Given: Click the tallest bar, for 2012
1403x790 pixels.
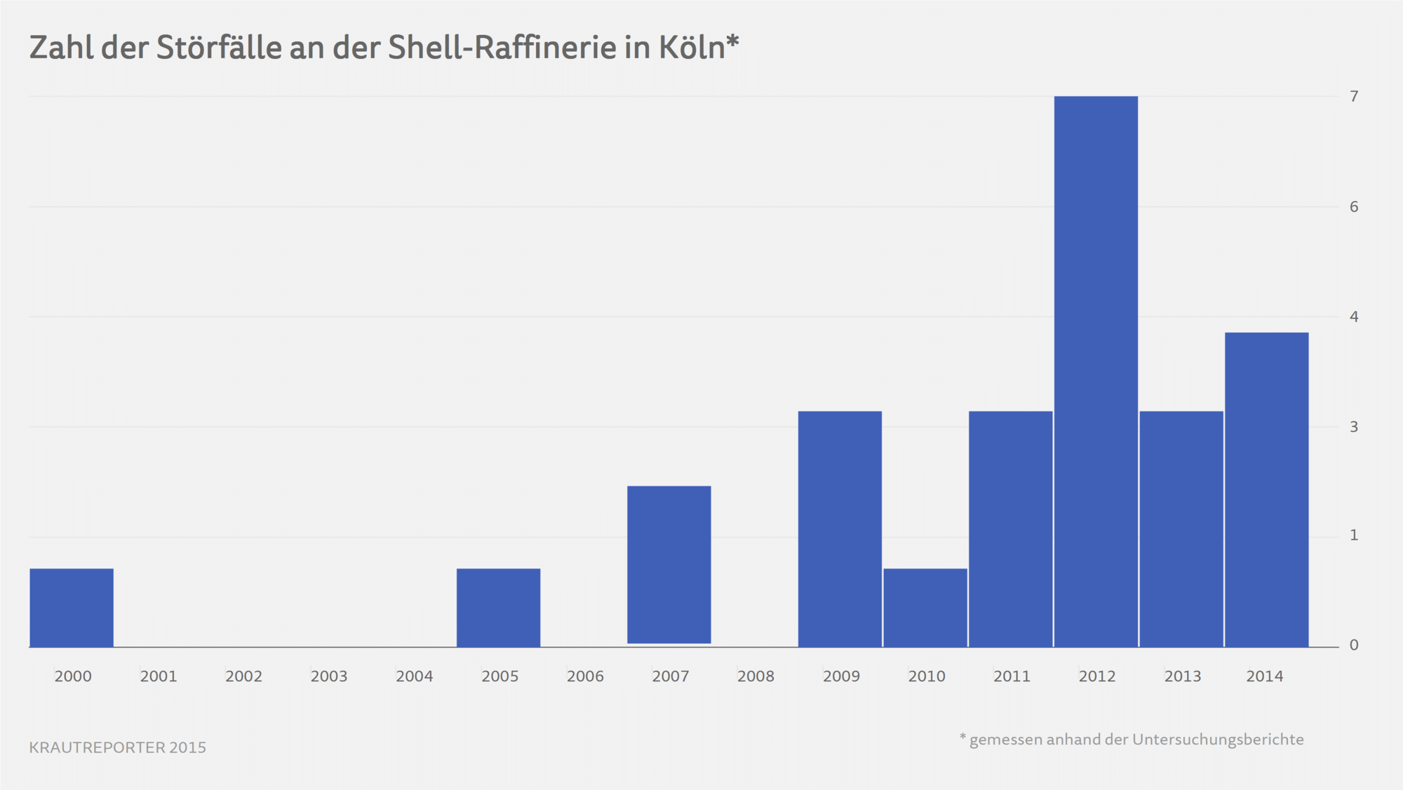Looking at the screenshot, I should point(1096,372).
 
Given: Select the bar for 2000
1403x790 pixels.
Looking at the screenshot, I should point(72,608).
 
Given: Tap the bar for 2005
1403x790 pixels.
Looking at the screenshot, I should point(498,608).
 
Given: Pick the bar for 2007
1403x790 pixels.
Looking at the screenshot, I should point(669,564).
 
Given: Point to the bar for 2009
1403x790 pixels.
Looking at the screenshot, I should point(840,529).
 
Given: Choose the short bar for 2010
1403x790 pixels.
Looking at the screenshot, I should point(925,608).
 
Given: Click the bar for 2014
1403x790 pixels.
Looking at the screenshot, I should point(1266,490).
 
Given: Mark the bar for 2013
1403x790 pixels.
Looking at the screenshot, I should point(1181,529).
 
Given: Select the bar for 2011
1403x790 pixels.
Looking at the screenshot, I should point(1010,529).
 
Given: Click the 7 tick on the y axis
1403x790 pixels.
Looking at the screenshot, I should point(1354,96).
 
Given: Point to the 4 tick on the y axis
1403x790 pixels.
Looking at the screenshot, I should point(1354,317).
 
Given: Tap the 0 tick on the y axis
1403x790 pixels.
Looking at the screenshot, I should point(1354,645).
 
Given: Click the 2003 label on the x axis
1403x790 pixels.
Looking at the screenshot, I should point(329,676).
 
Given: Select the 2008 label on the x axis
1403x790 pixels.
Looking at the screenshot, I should point(756,676).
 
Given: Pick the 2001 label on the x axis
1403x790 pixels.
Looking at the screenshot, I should point(159,676).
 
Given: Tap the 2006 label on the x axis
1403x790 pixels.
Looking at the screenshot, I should point(585,676).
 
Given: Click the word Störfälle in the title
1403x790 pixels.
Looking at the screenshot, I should point(218,48).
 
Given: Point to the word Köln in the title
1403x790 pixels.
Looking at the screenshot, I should point(691,48).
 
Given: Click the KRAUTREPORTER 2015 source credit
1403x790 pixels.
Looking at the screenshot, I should point(118,747).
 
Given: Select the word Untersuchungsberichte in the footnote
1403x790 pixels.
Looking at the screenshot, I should point(1218,740).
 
